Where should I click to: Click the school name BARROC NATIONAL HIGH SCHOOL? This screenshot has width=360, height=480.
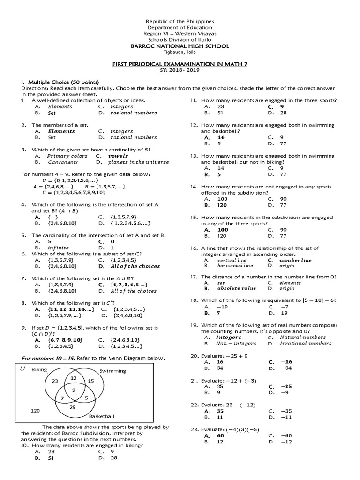(180, 46)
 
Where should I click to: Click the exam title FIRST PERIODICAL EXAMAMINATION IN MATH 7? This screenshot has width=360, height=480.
(180, 64)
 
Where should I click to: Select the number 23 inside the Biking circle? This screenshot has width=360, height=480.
(55, 381)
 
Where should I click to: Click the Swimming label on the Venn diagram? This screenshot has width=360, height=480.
(113, 371)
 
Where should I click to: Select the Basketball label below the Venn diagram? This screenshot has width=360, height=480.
(101, 416)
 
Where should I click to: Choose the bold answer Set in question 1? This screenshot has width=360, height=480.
(52, 113)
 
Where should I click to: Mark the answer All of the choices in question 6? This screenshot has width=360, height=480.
(135, 266)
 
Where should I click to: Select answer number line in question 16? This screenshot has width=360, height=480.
(295, 260)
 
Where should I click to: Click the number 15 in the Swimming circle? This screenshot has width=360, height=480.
(91, 381)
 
